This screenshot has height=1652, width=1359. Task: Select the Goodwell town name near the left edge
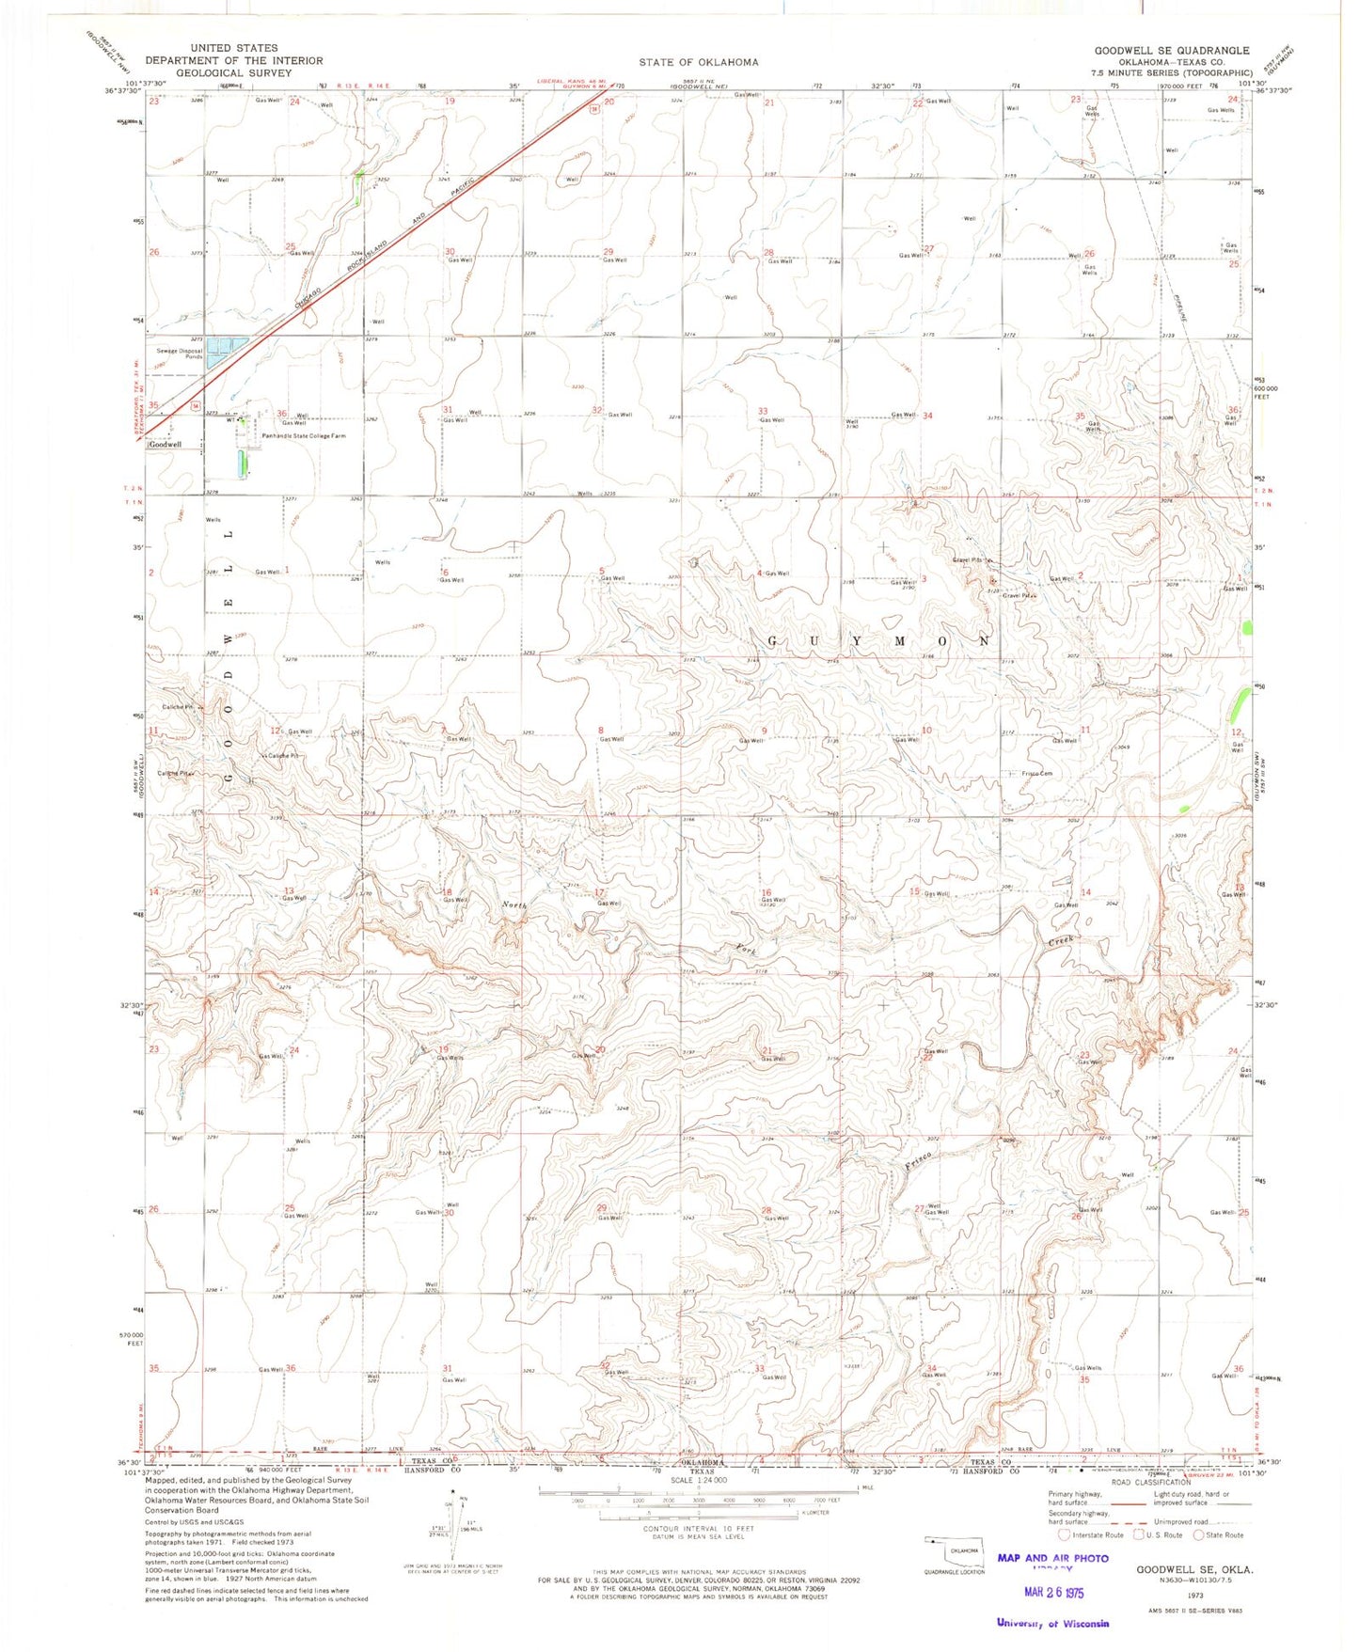[x=164, y=444]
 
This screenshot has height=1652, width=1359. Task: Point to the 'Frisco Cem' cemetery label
[x=1036, y=774]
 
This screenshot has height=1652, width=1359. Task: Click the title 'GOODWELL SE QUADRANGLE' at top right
[x=1172, y=51]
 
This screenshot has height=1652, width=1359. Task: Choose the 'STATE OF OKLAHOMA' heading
[x=698, y=63]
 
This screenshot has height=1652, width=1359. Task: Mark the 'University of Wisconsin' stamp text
[x=1052, y=1623]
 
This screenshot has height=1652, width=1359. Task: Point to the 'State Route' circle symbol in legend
[x=1200, y=1535]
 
